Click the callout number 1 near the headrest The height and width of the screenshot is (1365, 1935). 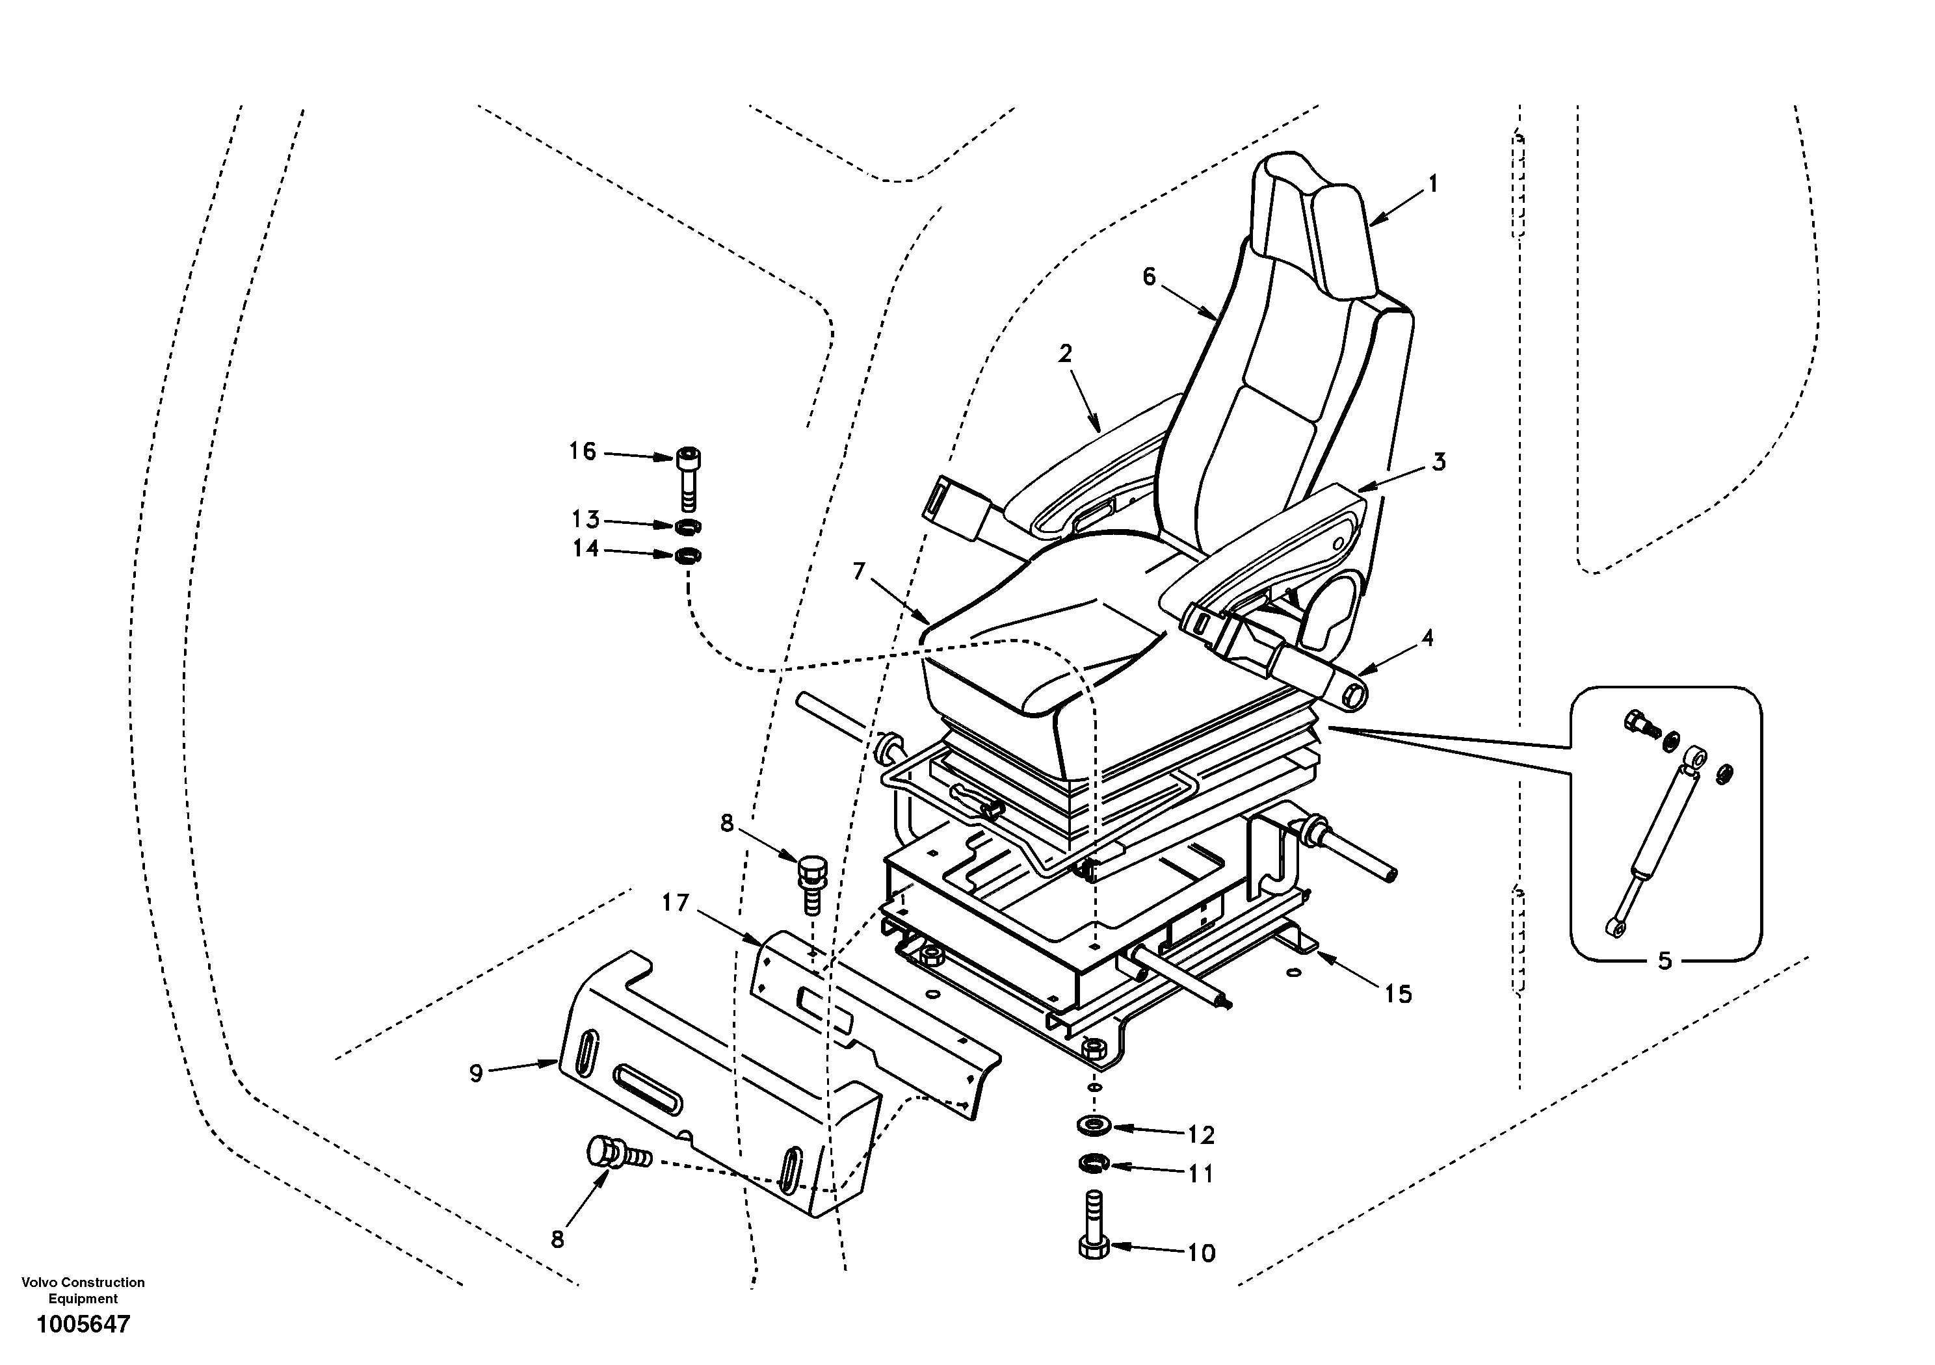[1432, 184]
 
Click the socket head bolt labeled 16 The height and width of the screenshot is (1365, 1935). [688, 480]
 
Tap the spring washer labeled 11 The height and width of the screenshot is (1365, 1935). [1094, 1163]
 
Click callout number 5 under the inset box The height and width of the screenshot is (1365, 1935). [1665, 961]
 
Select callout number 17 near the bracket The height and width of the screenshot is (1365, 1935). [675, 903]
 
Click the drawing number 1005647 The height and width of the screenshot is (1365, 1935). [83, 1323]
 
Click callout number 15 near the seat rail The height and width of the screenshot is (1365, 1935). [1397, 994]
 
